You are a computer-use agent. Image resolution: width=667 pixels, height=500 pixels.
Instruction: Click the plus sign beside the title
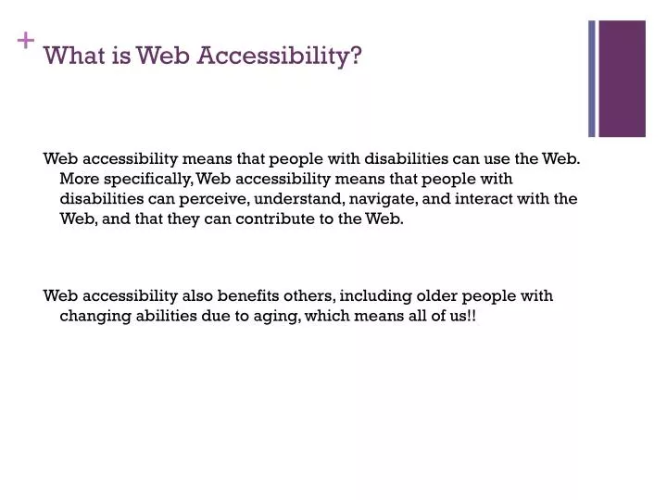click(25, 40)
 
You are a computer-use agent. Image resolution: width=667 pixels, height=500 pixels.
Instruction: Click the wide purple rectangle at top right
click(622, 79)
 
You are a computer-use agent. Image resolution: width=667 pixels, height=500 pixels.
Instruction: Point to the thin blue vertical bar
click(592, 79)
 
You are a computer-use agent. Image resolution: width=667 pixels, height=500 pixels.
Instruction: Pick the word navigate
click(384, 198)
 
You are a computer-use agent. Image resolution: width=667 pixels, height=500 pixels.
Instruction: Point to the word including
click(377, 296)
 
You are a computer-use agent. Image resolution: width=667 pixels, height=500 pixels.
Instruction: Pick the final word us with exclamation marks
click(463, 317)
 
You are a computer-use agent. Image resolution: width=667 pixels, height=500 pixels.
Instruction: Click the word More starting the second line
click(78, 178)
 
